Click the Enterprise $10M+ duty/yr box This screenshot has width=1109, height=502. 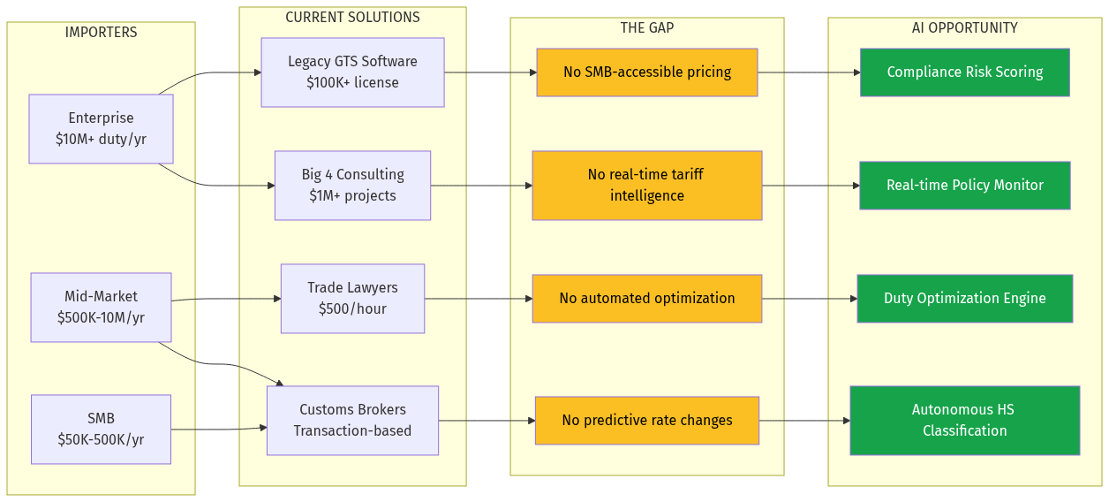point(101,129)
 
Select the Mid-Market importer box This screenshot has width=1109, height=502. point(101,307)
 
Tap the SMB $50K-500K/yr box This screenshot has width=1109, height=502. point(101,430)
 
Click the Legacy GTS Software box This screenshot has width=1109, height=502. point(352,72)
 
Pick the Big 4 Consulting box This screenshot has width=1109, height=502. point(352,186)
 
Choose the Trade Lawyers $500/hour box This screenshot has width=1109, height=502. point(352,299)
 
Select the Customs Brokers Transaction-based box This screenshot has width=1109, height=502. point(352,421)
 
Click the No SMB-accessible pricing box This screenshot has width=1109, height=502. point(646,72)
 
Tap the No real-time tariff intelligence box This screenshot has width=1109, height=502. point(646,186)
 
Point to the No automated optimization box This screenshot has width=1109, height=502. point(646,299)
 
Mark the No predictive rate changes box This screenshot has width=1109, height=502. point(646,421)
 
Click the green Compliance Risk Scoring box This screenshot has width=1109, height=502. point(964,72)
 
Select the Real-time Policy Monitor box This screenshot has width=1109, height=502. point(964,186)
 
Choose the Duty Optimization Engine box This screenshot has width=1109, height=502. point(964,299)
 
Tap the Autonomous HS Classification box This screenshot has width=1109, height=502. point(964,421)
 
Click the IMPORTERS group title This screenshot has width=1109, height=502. point(101,33)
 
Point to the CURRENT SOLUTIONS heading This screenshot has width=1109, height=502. point(352,18)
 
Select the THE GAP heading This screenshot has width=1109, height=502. point(646,28)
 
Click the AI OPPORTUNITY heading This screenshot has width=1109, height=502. point(964,28)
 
